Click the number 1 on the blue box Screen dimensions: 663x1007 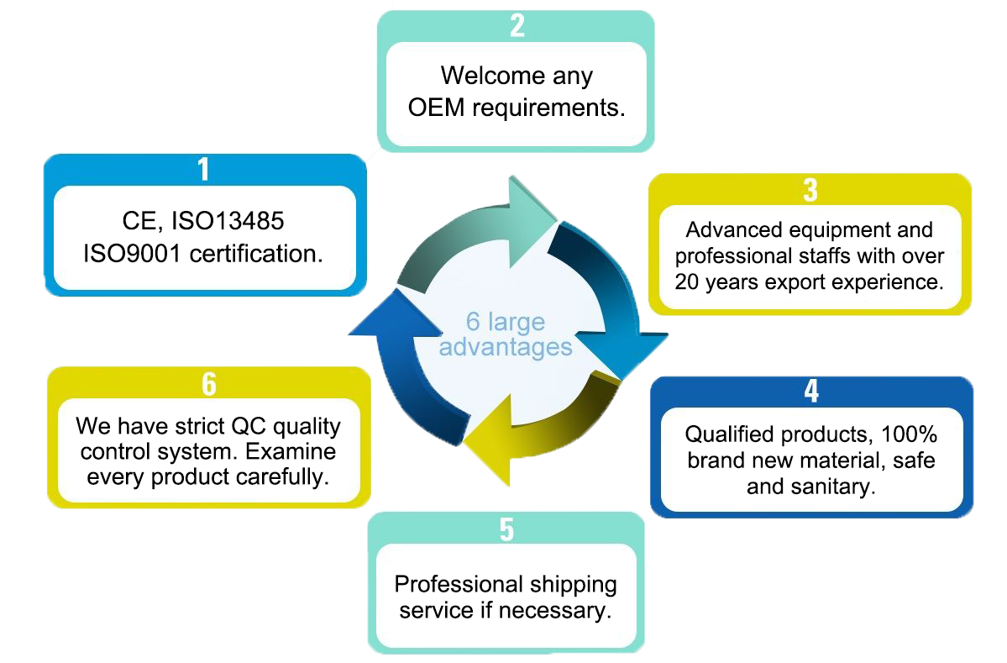point(202,170)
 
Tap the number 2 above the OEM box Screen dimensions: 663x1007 point(517,26)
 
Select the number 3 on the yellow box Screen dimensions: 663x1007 point(810,190)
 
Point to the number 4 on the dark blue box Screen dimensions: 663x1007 point(811,392)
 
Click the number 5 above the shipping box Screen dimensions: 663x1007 point(506,530)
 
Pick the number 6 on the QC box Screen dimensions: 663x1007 point(208,383)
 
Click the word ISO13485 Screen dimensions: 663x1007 point(228,222)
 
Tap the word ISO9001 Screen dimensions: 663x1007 point(133,254)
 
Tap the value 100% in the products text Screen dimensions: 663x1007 point(909,434)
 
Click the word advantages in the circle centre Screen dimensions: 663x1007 point(505,346)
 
